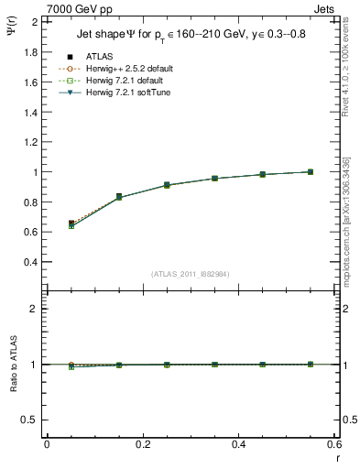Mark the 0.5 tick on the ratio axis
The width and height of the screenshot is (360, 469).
(31, 420)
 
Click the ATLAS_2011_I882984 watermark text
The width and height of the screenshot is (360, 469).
(191, 274)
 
